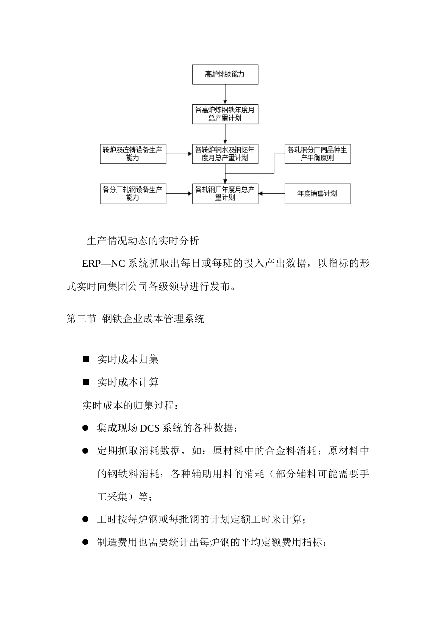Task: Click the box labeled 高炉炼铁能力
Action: click(x=225, y=74)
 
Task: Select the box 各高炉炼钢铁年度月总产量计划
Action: click(x=225, y=114)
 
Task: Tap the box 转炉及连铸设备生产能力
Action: click(x=133, y=154)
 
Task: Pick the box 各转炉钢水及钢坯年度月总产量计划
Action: click(x=225, y=154)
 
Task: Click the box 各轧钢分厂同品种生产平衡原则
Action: click(x=317, y=154)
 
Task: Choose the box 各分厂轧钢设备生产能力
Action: click(x=133, y=194)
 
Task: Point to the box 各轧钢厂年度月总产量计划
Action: click(x=225, y=194)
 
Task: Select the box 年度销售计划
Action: click(x=317, y=194)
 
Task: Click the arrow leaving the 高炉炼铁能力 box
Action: click(x=225, y=94)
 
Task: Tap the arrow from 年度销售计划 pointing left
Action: click(x=271, y=194)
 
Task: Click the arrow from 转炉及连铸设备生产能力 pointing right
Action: click(x=179, y=154)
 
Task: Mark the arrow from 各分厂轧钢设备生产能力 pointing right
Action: click(x=179, y=194)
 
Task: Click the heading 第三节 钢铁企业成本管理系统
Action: click(x=135, y=319)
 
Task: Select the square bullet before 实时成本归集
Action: click(x=85, y=359)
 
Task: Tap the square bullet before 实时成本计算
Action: click(x=85, y=382)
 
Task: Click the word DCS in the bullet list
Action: click(x=150, y=428)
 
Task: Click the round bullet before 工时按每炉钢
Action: click(x=85, y=519)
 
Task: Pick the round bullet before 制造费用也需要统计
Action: click(x=85, y=542)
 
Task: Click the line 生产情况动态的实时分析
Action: click(x=143, y=241)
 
